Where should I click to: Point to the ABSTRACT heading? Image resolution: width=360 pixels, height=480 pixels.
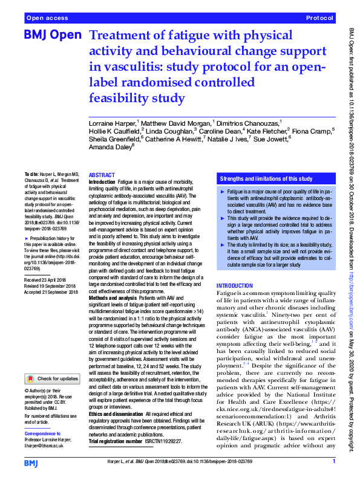103,174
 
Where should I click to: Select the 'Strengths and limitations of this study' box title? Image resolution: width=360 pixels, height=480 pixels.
266,180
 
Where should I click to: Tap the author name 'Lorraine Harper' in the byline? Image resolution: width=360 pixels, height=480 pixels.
112,123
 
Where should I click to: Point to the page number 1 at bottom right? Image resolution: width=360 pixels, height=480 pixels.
334,462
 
